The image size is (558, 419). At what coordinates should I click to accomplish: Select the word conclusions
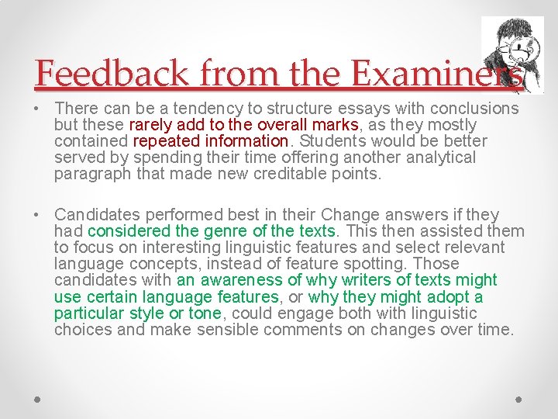click(x=469, y=108)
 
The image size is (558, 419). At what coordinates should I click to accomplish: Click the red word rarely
click(x=151, y=124)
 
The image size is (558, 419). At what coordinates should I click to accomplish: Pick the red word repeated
click(x=170, y=141)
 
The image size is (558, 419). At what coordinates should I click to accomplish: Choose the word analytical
click(x=439, y=158)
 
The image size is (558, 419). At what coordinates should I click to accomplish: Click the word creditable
click(x=298, y=174)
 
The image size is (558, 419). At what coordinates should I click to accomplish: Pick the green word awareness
click(x=241, y=280)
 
